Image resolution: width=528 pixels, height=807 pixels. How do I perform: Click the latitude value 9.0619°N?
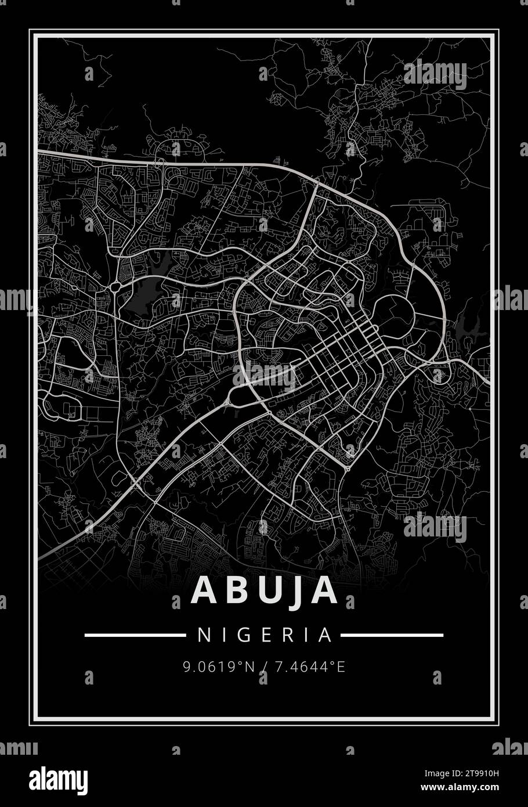click(219, 667)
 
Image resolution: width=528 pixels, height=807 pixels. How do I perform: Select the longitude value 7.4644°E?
click(310, 667)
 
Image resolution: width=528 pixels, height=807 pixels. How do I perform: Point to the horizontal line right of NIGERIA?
click(392, 635)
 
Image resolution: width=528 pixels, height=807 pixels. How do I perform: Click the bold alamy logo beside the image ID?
click(58, 779)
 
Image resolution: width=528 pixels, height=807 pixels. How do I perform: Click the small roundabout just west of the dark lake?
click(115, 286)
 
